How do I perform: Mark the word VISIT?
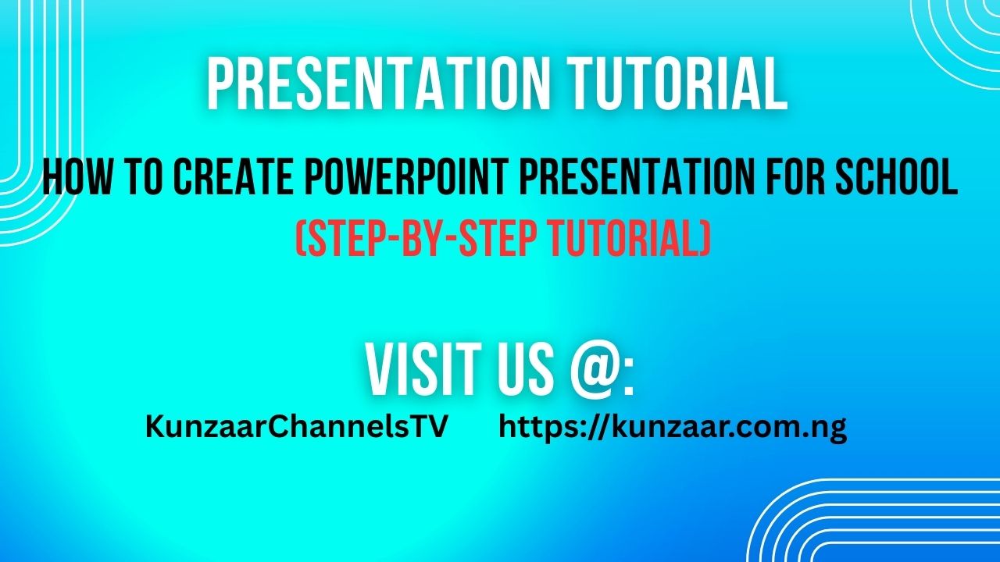[x=429, y=370]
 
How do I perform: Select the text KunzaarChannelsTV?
[x=296, y=427]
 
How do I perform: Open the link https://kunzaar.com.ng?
[x=673, y=429]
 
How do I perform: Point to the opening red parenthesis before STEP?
[x=300, y=239]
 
